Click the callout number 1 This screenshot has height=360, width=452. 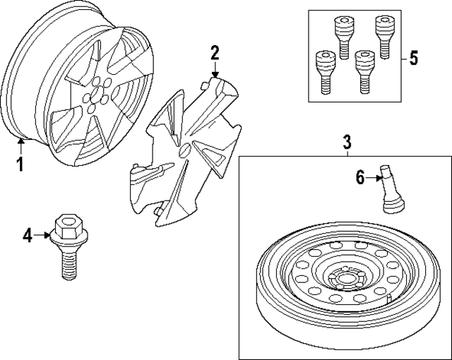[20, 164]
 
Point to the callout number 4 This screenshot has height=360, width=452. [28, 236]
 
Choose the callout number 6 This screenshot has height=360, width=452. [359, 177]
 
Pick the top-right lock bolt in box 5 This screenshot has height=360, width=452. [383, 35]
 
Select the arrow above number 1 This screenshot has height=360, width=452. [20, 145]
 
